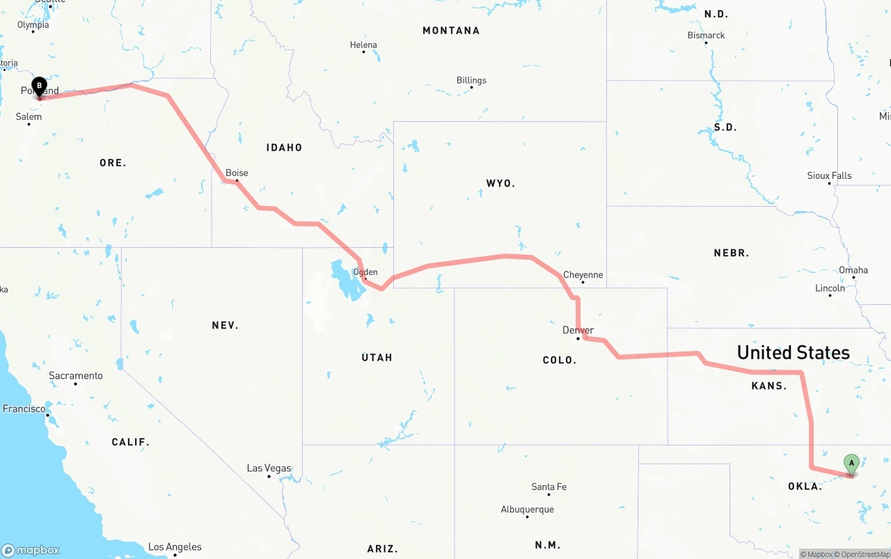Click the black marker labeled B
coord(40,87)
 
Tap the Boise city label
coord(237,173)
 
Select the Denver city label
coord(578,330)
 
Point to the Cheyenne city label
coord(583,275)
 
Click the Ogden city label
coord(365,272)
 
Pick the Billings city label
coord(471,80)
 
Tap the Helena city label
coord(363,45)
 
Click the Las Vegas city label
coord(269,468)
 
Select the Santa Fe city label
coord(549,487)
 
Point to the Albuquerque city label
coord(528,510)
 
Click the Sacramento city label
coord(75,376)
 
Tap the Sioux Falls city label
coord(829,175)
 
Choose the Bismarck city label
coord(706,36)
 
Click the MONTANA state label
coord(451,31)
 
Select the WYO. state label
coord(500,184)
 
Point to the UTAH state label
coord(377,358)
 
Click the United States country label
coord(793,352)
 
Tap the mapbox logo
coord(31,550)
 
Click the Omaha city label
coord(853,270)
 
